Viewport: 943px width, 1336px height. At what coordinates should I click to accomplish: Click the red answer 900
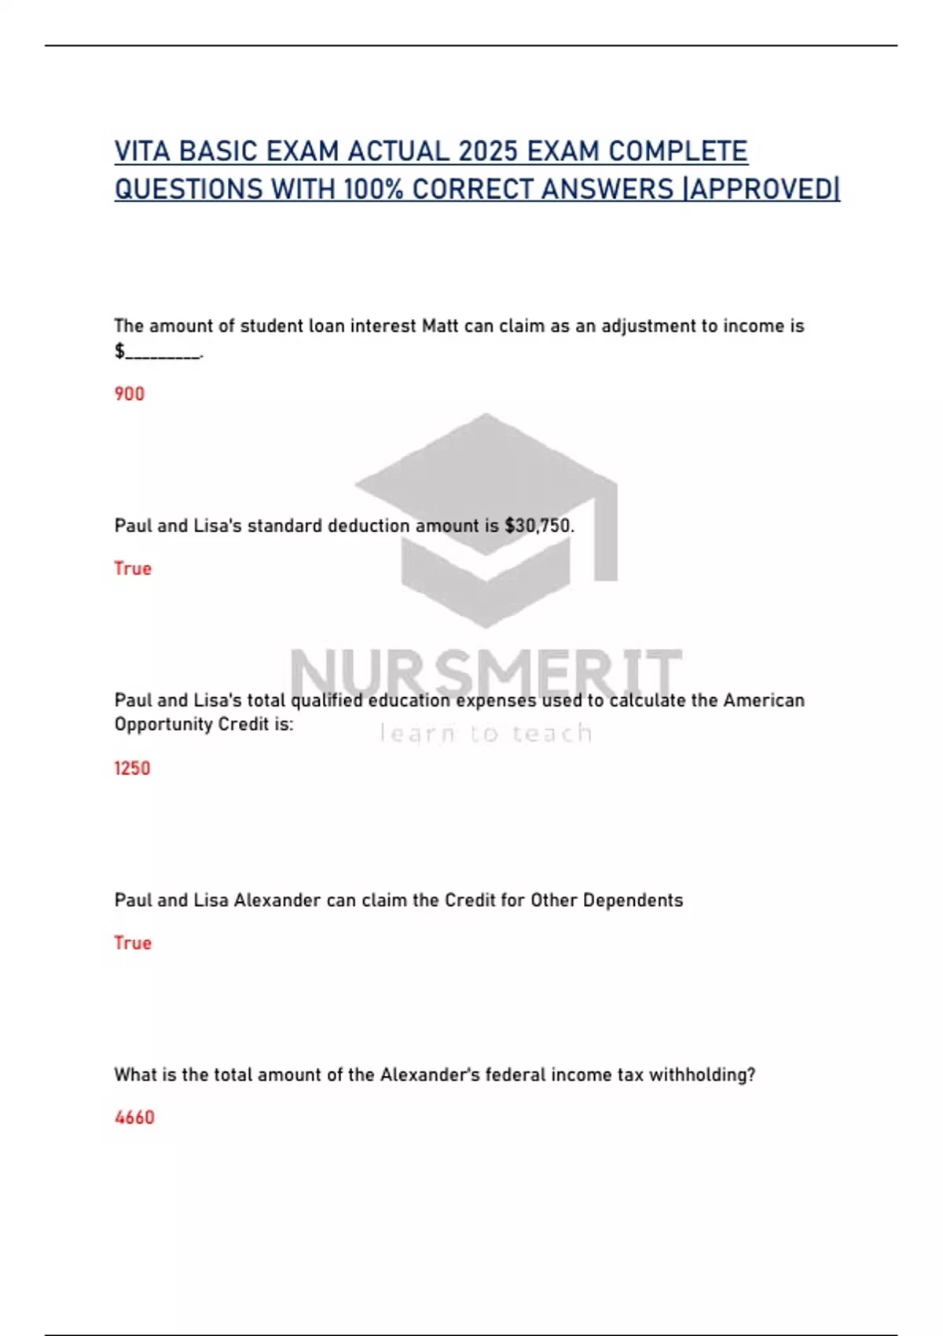point(130,394)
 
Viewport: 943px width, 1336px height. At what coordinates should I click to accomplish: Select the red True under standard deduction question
point(133,568)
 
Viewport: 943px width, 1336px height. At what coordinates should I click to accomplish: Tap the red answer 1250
point(132,768)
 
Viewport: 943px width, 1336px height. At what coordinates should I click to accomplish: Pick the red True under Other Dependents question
point(133,942)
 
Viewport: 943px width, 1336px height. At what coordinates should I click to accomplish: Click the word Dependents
point(633,901)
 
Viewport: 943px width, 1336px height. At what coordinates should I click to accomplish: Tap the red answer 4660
point(134,1117)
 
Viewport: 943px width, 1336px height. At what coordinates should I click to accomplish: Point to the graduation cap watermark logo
point(486,519)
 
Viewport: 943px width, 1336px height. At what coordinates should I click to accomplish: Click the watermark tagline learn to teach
point(486,733)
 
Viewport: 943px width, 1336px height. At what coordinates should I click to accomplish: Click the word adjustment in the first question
point(649,326)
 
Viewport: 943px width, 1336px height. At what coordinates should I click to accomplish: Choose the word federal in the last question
point(516,1074)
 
